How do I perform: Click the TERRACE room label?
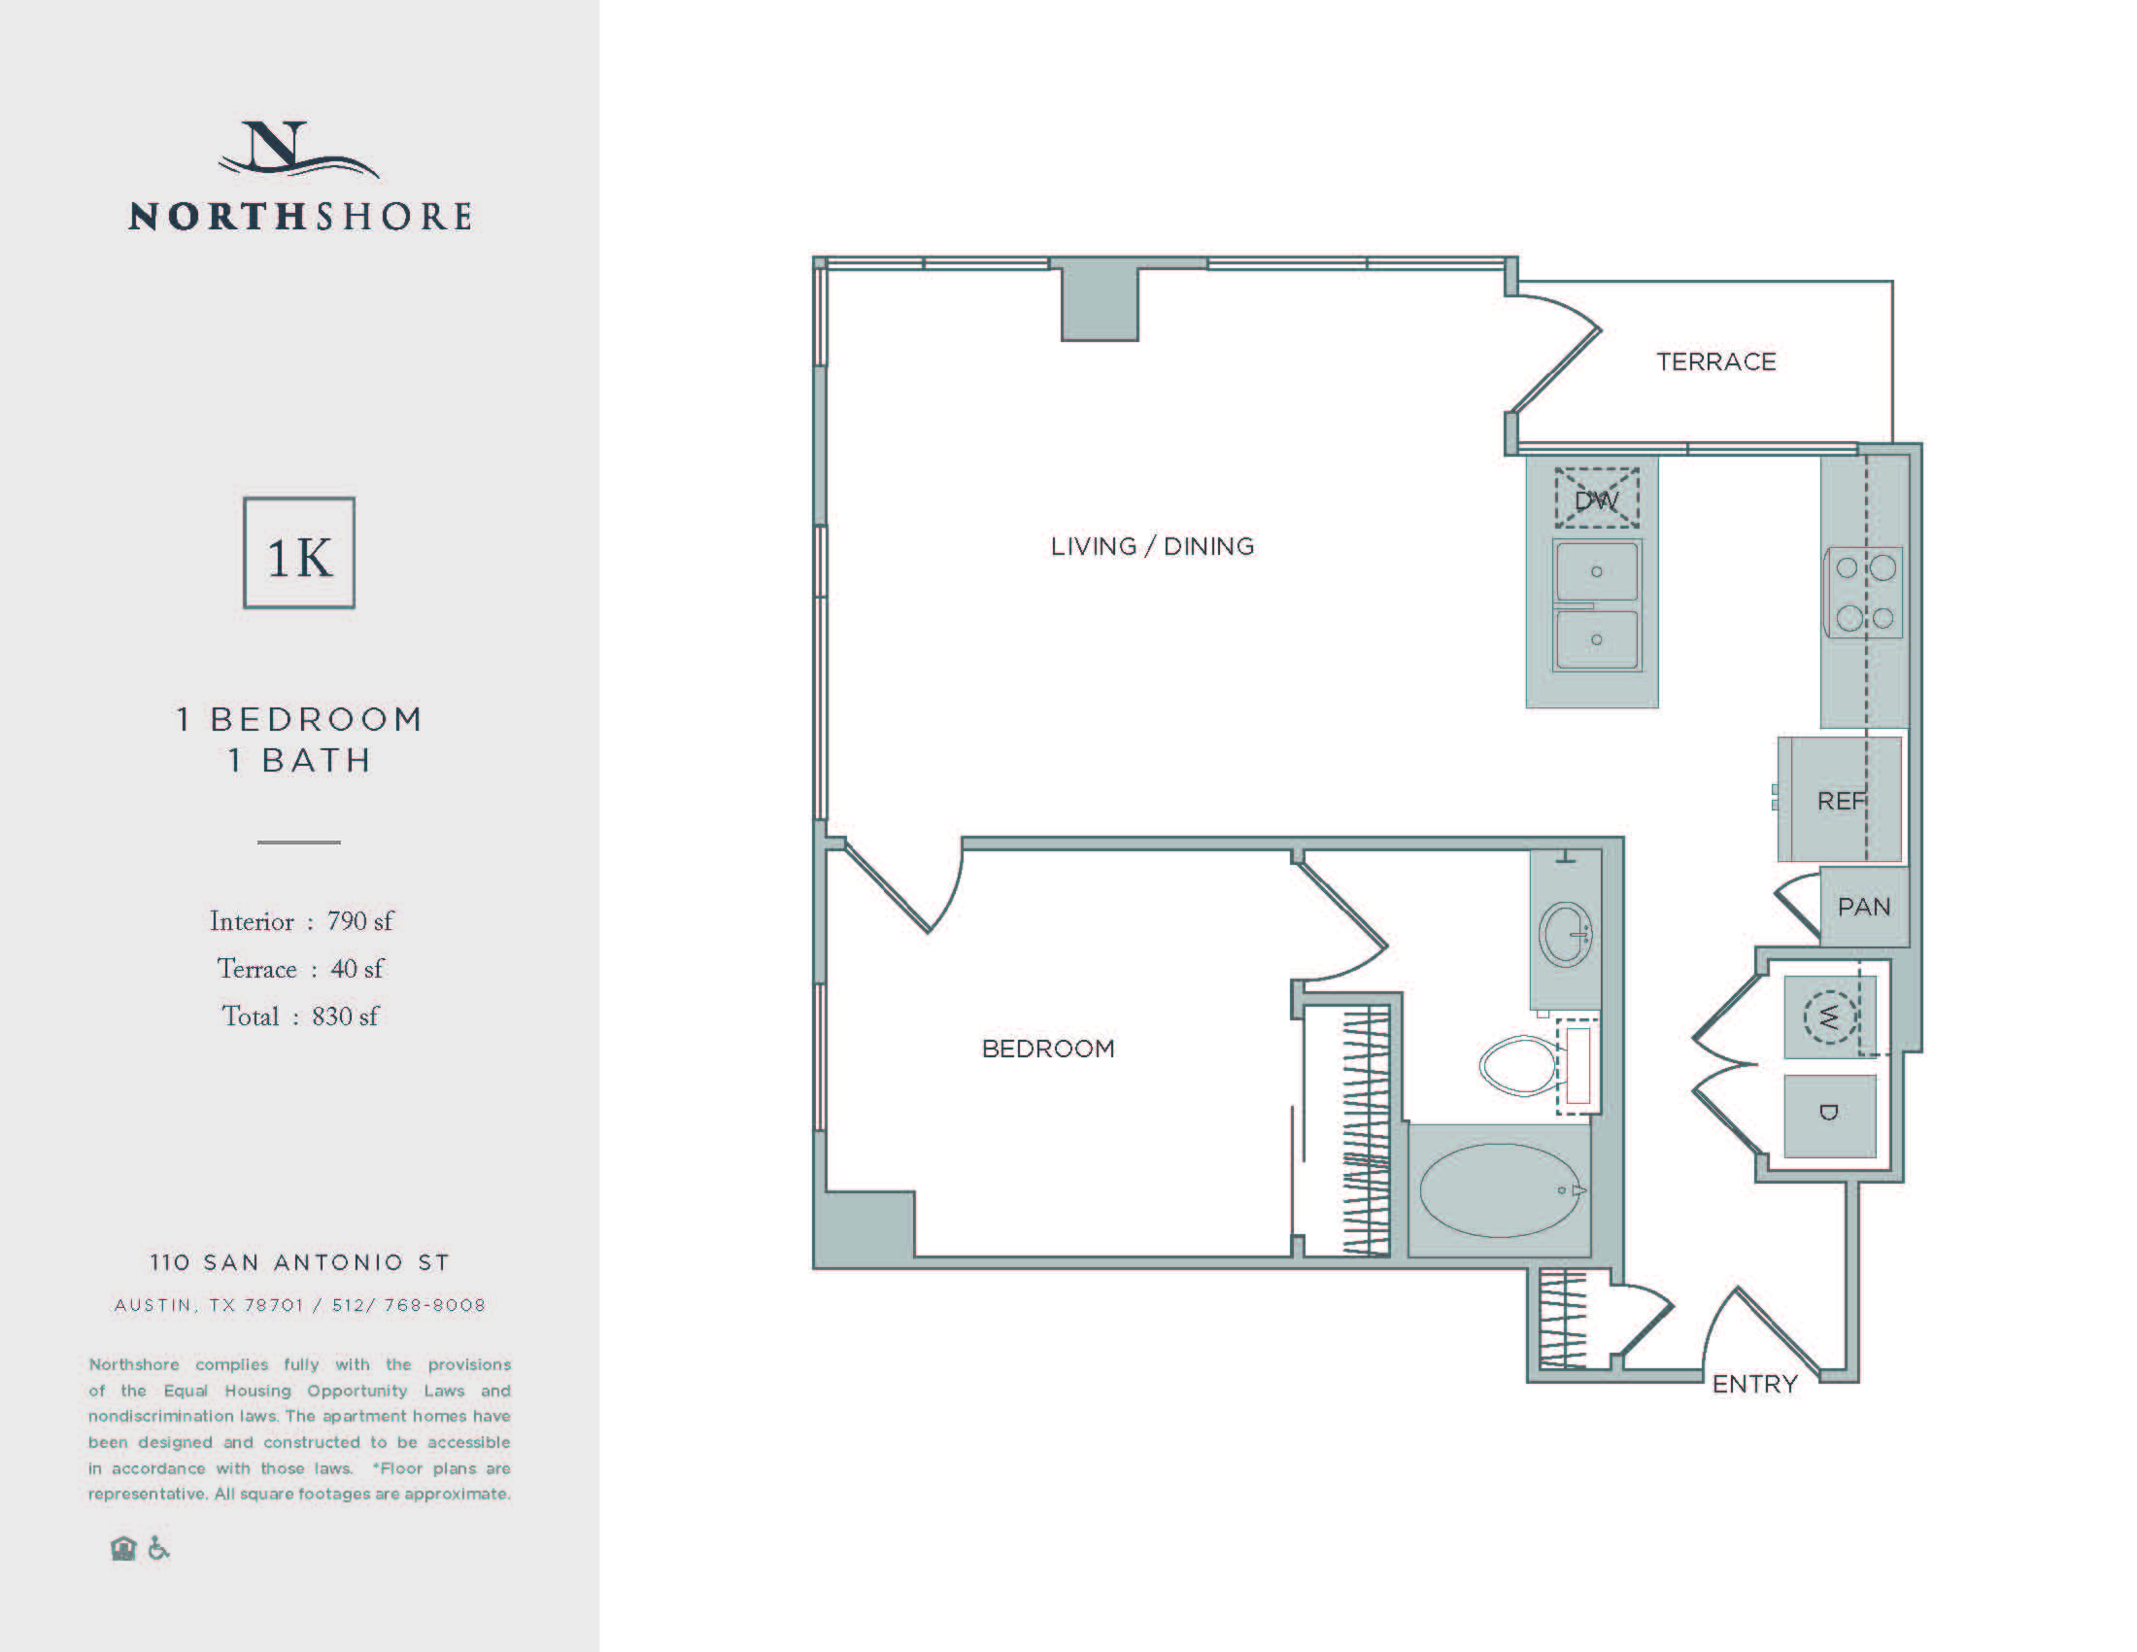1715,362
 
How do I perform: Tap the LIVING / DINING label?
1152,546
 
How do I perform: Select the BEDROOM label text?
1048,1050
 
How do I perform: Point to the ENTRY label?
1754,1384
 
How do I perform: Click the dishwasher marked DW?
1596,499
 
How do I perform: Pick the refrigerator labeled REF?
1840,800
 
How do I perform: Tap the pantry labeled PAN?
1863,908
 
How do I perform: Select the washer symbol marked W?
1828,1017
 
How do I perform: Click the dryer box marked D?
1829,1115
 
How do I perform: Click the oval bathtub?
1499,1190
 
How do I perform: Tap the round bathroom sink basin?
1566,934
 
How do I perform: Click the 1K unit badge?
299,554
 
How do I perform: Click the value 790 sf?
359,922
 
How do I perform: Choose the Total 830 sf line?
299,1016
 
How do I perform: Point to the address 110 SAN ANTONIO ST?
299,1262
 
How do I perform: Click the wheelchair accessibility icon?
158,1548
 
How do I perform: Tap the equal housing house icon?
123,1548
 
